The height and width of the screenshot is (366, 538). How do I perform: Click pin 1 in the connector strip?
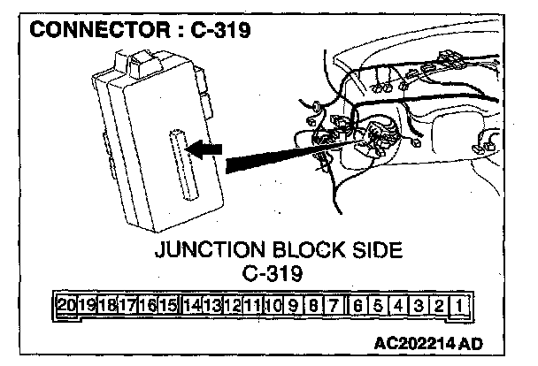pyautogui.click(x=459, y=307)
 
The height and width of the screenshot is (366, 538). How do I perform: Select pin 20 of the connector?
pyautogui.click(x=65, y=307)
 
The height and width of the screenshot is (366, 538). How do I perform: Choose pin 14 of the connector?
pyautogui.click(x=190, y=307)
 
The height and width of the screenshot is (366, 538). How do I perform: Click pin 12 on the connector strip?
pyautogui.click(x=231, y=307)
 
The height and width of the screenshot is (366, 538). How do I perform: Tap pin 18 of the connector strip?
pyautogui.click(x=106, y=307)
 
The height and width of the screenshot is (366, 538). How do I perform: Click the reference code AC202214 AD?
pyautogui.click(x=427, y=342)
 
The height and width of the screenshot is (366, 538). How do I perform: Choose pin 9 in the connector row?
pyautogui.click(x=291, y=307)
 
